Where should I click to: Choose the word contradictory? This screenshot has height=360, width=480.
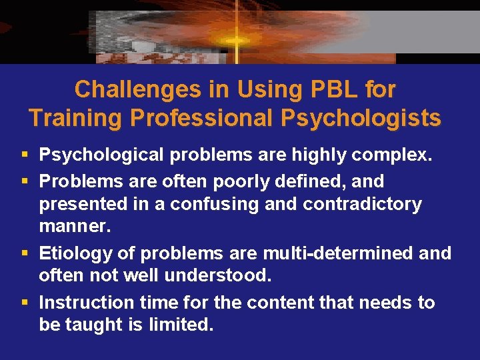[365, 204]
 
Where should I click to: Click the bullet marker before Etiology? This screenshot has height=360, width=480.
[25, 253]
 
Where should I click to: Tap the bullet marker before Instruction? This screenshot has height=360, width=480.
[25, 303]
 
